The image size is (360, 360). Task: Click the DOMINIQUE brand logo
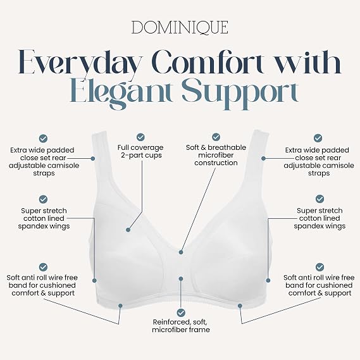coord(180,27)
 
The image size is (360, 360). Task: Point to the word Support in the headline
coord(240,92)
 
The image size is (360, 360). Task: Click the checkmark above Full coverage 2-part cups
coord(140,137)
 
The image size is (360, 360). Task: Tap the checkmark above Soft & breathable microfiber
coord(216,137)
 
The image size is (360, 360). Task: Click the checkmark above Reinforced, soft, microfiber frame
coord(181,313)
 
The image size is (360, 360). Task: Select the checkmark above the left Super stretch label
coord(43,199)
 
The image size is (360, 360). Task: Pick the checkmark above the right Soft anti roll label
coord(320,267)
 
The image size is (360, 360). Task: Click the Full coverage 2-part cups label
coord(140,151)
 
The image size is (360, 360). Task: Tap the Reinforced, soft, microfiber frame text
coord(181,326)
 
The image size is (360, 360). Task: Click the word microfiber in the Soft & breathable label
coord(216,155)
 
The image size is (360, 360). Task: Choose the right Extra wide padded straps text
coord(319,161)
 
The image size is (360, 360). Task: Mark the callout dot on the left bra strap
coord(93,158)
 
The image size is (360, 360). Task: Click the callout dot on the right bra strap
coord(264,158)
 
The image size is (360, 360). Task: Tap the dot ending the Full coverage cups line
coord(128,230)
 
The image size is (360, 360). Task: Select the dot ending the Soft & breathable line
coord(181,252)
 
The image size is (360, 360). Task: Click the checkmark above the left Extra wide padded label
coord(43,139)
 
